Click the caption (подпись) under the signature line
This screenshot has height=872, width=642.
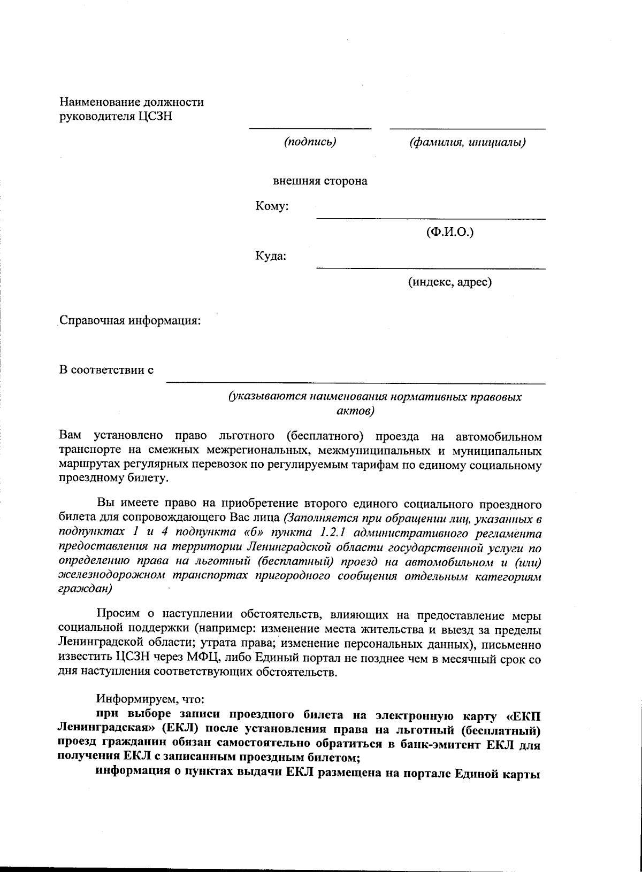click(x=310, y=142)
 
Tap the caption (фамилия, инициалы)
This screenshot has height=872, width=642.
click(x=467, y=142)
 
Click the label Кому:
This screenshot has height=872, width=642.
click(x=272, y=206)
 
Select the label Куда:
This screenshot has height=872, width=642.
click(x=271, y=256)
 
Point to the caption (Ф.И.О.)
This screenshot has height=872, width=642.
click(x=450, y=232)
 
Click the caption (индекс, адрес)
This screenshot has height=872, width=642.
click(x=449, y=282)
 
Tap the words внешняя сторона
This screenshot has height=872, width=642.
click(x=320, y=181)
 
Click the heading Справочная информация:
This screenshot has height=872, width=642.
click(x=130, y=321)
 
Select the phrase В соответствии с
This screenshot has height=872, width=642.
click(x=106, y=370)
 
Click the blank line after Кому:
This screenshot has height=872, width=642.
click(x=431, y=218)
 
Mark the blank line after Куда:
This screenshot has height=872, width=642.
click(x=431, y=267)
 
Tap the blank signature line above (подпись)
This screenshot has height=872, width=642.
click(x=310, y=128)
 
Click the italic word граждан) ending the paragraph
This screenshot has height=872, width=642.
click(x=85, y=588)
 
